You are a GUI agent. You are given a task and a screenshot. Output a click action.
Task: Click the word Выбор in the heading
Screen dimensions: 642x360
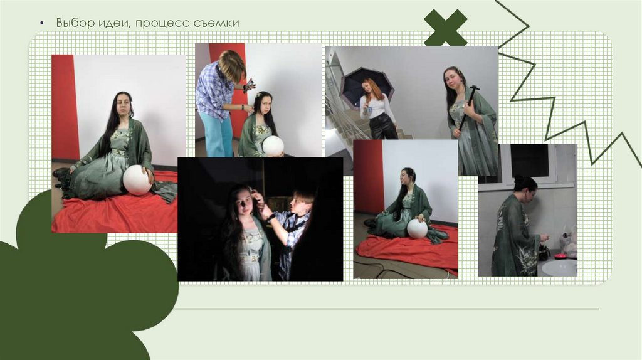tap(75, 23)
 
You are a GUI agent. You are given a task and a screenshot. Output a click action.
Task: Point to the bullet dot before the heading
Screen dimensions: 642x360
tap(42, 23)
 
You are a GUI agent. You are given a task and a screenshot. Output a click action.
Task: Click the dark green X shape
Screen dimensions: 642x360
tap(446, 28)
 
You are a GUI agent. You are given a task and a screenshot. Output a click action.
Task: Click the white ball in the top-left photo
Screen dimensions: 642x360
tap(137, 180)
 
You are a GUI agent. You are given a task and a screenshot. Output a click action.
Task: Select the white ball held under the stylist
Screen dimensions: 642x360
tap(273, 146)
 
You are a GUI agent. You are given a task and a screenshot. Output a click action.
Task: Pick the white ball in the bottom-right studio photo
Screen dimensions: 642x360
tap(417, 228)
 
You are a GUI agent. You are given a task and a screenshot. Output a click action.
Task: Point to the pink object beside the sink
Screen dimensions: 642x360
tap(560, 255)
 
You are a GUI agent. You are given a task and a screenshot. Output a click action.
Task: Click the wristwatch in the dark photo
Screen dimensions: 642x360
tap(270, 218)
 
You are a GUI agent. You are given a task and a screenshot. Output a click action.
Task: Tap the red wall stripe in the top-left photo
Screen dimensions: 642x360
tap(65, 107)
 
